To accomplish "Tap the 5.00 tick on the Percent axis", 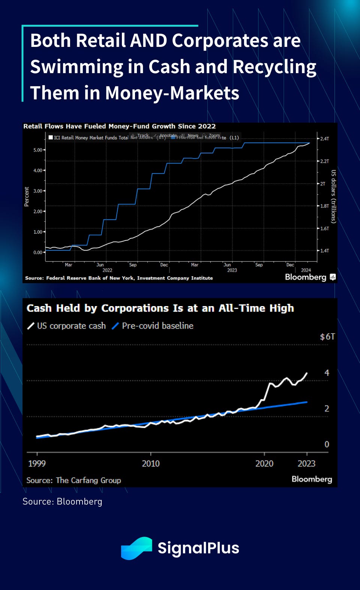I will point(38,150).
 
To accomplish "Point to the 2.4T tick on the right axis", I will point(324,139).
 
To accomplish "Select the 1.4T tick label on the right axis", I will point(324,251).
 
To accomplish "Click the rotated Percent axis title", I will point(27,197).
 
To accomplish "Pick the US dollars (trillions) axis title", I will point(333,197).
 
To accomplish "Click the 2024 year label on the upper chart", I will point(306,270).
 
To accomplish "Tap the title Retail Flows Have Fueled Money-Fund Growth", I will point(119,126).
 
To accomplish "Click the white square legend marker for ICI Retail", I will point(51,137).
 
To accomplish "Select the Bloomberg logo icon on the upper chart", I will point(333,277).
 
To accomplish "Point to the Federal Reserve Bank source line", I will point(119,278).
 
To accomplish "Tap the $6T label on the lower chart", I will point(327,337).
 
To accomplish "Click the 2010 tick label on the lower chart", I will point(151,464).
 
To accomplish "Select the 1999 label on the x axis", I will point(37,464).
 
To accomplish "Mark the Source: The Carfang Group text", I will point(74,480).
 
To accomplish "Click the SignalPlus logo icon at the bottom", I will point(136,548).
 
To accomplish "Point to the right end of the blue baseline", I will point(307,402).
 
